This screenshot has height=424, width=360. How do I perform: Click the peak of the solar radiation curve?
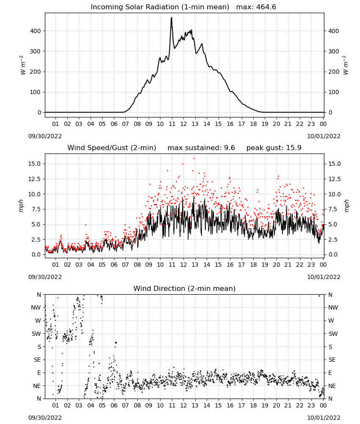pyautogui.click(x=172, y=18)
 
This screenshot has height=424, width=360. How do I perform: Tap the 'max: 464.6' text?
pyautogui.click(x=256, y=7)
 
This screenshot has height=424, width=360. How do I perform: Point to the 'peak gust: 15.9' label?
pyautogui.click(x=274, y=148)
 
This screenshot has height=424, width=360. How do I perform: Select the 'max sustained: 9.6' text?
pyautogui.click(x=201, y=148)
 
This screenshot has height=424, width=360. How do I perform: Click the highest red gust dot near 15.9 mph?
pyautogui.click(x=194, y=159)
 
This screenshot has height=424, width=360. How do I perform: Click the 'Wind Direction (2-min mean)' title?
pyautogui.click(x=185, y=288)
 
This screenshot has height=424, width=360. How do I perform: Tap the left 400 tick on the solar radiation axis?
pyautogui.click(x=36, y=31)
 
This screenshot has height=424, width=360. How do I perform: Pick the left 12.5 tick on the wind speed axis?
pyautogui.click(x=34, y=179)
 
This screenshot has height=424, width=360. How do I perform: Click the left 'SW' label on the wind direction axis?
pyautogui.click(x=36, y=334)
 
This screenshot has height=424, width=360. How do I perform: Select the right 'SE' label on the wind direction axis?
pyautogui.click(x=332, y=360)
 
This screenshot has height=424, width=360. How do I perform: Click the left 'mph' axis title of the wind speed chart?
pyautogui.click(x=21, y=206)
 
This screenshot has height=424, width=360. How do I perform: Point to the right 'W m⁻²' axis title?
pyautogui.click(x=346, y=65)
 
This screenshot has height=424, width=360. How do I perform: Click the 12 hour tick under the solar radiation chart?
pyautogui.click(x=183, y=124)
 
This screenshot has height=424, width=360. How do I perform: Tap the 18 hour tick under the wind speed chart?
pyautogui.click(x=253, y=265)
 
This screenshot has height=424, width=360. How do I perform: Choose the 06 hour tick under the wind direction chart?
pyautogui.click(x=114, y=405)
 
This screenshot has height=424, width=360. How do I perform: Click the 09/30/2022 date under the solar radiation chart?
pyautogui.click(x=45, y=136)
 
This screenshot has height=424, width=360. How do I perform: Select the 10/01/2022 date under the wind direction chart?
pyautogui.click(x=324, y=418)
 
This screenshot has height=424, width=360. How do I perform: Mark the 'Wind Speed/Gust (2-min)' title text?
pyautogui.click(x=112, y=148)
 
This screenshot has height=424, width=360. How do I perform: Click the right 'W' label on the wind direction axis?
pyautogui.click(x=331, y=321)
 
